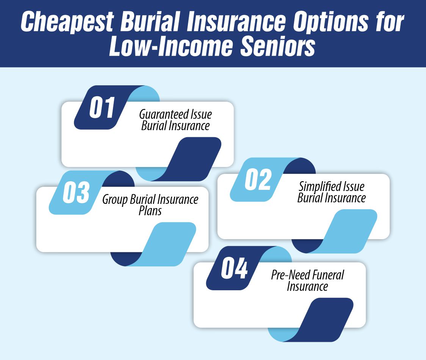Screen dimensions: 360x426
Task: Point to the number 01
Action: (102, 108)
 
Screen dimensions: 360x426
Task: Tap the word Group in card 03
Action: (115, 200)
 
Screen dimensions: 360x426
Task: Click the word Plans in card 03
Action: (150, 211)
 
